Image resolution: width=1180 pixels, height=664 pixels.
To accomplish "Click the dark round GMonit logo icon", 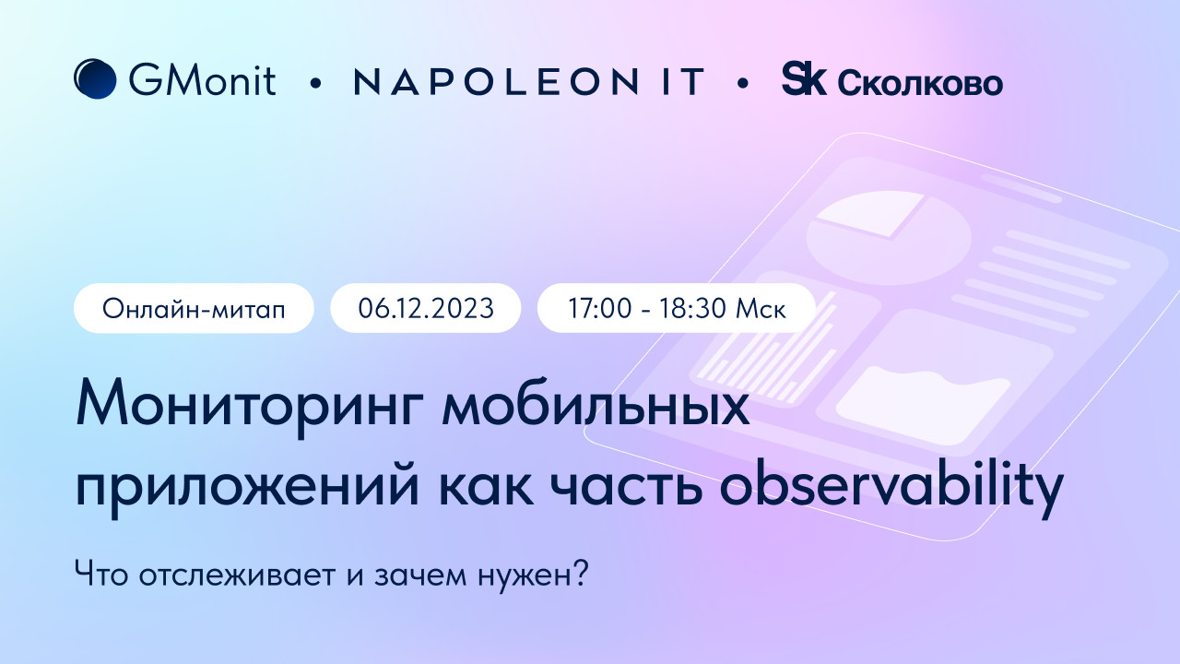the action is pyautogui.click(x=95, y=79).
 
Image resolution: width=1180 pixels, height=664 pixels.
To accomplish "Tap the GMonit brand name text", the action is pyautogui.click(x=202, y=80).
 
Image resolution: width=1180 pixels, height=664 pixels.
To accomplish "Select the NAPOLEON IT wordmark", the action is pyautogui.click(x=529, y=81).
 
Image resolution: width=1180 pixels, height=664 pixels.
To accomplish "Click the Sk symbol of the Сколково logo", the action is pyautogui.click(x=804, y=78).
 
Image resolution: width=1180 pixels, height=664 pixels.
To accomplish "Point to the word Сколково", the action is pyautogui.click(x=920, y=84).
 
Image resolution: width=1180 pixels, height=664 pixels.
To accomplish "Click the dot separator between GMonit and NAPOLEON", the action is pyautogui.click(x=315, y=82).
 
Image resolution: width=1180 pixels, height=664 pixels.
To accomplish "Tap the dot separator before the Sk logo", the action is pyautogui.click(x=743, y=82).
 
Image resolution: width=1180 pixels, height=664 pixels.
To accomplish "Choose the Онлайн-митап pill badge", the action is pyautogui.click(x=194, y=308).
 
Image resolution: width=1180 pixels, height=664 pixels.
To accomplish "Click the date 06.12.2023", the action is pyautogui.click(x=426, y=308).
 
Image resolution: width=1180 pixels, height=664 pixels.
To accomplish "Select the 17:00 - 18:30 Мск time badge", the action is pyautogui.click(x=677, y=308).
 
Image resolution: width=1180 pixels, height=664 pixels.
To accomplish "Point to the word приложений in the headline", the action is pyautogui.click(x=248, y=489).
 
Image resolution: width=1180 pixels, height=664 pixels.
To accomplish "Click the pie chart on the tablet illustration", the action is pyautogui.click(x=889, y=238).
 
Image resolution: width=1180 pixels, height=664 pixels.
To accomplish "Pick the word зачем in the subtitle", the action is pyautogui.click(x=420, y=576).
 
